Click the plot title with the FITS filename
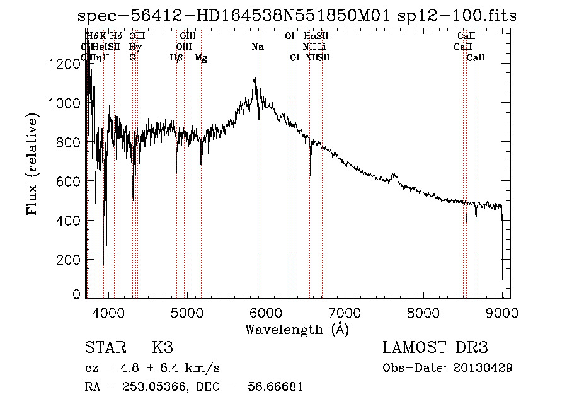[297, 16]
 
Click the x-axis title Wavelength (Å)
[297, 330]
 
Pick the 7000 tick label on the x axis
[345, 312]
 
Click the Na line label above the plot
[257, 47]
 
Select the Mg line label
[201, 58]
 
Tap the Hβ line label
[176, 58]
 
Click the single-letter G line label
[132, 58]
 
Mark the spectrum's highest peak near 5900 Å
[255, 78]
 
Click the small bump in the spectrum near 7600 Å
[394, 175]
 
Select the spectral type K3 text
[162, 348]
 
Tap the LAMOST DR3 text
[435, 348]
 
